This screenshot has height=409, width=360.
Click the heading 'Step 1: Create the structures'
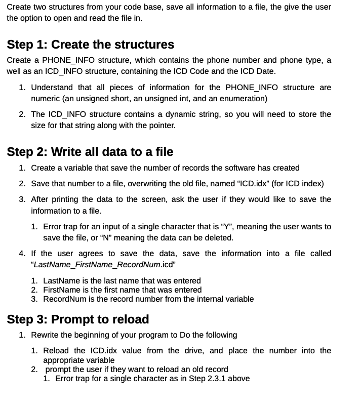click(91, 45)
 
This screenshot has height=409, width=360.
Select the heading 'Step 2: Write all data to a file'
click(90, 152)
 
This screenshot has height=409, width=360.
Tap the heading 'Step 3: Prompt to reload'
click(78, 319)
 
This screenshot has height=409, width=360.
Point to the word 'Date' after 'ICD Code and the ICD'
click(266, 71)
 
